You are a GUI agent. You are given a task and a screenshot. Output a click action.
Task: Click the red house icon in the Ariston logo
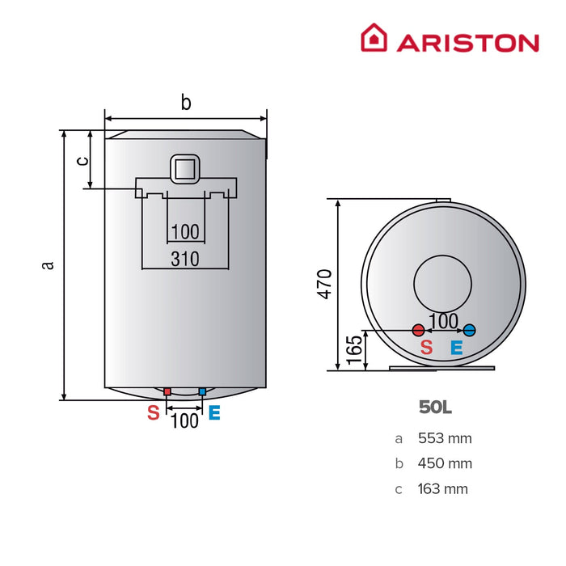374,38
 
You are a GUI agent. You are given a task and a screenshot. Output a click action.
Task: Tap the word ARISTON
467,42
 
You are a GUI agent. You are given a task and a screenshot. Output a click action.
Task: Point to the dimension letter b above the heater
185,103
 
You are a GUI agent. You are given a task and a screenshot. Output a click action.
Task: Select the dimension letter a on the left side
49,264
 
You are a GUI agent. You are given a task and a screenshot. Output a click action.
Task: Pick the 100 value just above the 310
185,232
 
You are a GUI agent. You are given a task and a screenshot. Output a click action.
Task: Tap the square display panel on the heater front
185,168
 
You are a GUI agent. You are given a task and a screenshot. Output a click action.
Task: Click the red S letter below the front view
153,413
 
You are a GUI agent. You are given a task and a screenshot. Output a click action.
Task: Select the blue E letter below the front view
214,413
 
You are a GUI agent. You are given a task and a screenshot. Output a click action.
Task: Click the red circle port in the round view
418,330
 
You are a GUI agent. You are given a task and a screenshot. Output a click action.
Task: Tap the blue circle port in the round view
470,330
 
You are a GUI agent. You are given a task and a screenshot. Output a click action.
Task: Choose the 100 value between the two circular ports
444,321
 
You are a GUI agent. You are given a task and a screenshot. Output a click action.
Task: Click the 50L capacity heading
435,408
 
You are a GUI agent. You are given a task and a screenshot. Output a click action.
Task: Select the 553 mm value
445,439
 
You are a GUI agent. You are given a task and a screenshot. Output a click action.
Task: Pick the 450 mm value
445,464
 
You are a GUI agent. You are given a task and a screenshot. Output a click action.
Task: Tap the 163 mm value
443,489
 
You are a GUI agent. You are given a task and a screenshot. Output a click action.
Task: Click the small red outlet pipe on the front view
167,392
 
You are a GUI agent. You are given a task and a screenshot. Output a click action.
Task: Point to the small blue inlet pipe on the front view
201,392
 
